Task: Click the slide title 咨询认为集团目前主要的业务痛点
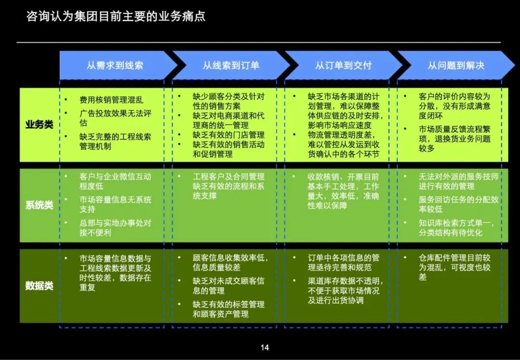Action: point(116,16)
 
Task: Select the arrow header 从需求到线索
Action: point(115,65)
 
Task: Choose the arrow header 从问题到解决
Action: point(455,65)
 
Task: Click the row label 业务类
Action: point(39,124)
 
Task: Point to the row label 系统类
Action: point(39,205)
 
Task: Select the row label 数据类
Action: point(39,286)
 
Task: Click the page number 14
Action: point(264,347)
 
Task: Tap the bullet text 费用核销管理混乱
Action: point(111,100)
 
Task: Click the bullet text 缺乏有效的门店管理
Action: point(229,135)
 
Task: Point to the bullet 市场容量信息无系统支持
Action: point(115,205)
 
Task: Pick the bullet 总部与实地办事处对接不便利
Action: point(115,228)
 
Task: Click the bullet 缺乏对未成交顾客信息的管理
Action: point(229,285)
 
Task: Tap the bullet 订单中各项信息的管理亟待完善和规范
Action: point(343,262)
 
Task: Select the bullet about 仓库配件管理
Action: point(455,267)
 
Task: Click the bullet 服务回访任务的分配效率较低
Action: point(458,205)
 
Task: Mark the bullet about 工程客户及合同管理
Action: point(229,186)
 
